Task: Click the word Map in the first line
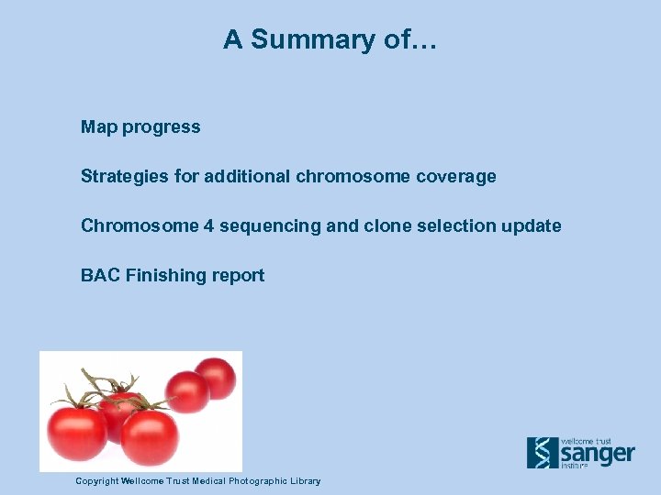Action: click(x=98, y=127)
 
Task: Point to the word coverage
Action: click(x=454, y=176)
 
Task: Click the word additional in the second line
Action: click(x=247, y=176)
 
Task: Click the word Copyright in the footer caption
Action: click(x=97, y=481)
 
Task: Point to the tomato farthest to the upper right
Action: click(x=215, y=378)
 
